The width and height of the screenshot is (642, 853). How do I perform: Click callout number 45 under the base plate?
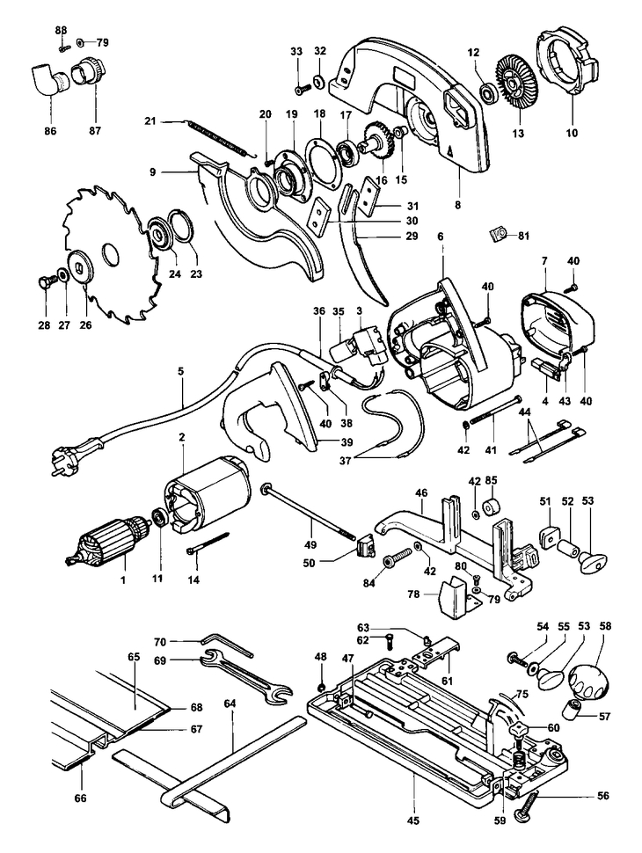pos(414,821)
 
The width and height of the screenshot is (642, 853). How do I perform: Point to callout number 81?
pos(524,236)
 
